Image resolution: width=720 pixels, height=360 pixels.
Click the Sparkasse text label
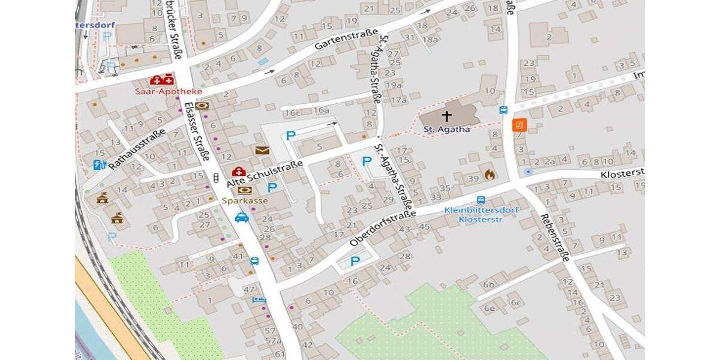[x=244, y=200]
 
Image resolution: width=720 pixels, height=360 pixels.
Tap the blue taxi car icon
[x=242, y=217]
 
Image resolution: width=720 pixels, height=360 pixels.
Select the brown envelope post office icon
[x=262, y=150]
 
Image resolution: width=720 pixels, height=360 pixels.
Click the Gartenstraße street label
[x=347, y=41]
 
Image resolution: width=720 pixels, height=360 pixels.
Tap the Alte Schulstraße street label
[x=264, y=173]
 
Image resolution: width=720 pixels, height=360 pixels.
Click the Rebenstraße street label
[x=554, y=237]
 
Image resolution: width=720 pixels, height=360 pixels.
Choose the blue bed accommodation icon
[x=259, y=298]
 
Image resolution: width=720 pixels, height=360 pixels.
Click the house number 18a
[x=430, y=39]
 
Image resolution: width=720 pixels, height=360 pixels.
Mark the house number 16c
[x=293, y=112]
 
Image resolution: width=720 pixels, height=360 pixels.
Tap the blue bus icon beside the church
[x=503, y=110]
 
